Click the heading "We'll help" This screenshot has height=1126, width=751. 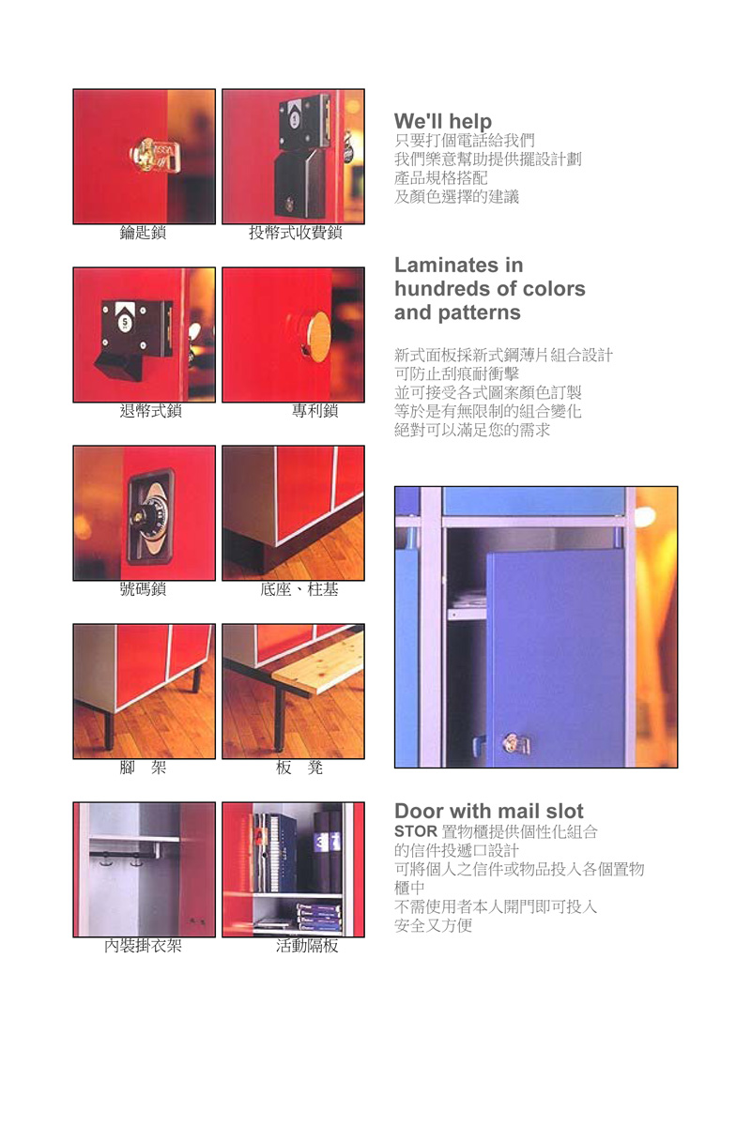(x=443, y=121)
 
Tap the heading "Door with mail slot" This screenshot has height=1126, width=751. (x=489, y=811)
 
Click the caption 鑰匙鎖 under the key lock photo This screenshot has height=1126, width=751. (x=143, y=233)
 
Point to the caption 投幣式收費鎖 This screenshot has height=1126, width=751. (x=296, y=233)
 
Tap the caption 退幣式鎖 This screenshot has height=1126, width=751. (x=150, y=411)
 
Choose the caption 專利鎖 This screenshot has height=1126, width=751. (x=314, y=411)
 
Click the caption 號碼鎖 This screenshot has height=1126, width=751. (x=143, y=588)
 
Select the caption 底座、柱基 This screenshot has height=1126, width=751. (x=299, y=588)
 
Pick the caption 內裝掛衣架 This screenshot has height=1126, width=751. (x=143, y=946)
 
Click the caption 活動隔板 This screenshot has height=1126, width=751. (x=307, y=946)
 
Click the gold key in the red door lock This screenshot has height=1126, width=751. (x=155, y=154)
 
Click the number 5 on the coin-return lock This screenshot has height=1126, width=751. (x=125, y=322)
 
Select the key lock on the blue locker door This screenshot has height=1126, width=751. (x=516, y=744)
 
